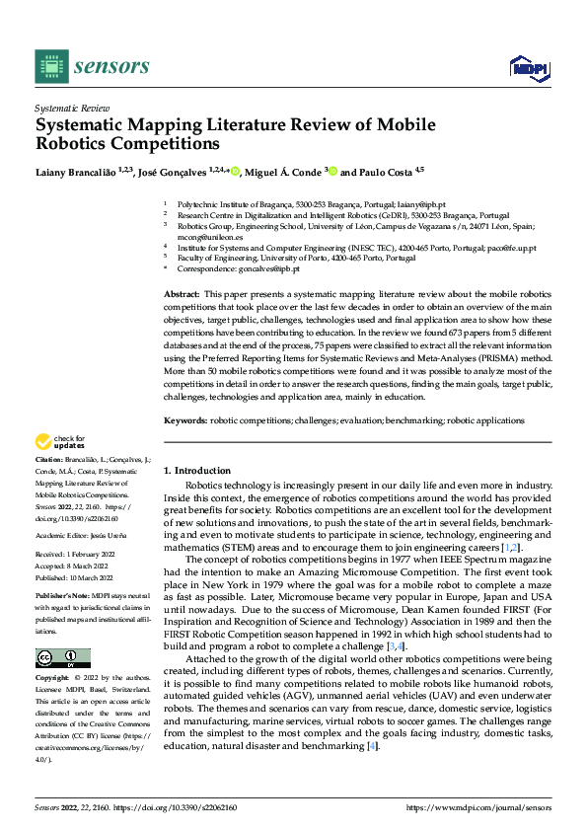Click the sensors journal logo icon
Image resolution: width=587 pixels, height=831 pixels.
coord(50,65)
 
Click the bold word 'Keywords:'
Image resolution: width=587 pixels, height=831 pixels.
coord(184,420)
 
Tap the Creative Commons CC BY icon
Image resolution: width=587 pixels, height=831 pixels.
coord(62,658)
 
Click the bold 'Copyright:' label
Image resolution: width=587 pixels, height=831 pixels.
coord(53,678)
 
